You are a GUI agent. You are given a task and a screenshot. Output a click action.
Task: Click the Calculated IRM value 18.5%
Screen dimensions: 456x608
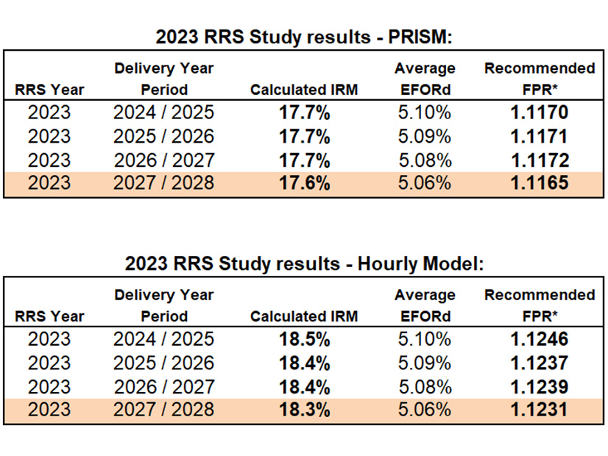tap(303, 339)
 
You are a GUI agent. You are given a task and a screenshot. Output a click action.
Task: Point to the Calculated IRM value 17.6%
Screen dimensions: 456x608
tap(303, 183)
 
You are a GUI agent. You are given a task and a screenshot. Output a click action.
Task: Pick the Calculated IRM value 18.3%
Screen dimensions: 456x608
tap(303, 410)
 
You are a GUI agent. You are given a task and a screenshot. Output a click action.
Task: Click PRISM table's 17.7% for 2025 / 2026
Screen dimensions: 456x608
tap(303, 136)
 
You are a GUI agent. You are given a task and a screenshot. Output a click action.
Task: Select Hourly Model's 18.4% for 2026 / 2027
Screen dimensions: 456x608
tap(303, 386)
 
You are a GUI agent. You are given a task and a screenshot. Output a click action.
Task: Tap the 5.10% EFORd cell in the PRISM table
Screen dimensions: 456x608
tap(425, 113)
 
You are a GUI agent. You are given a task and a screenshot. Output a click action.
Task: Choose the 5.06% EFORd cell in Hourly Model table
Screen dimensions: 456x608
tap(425, 410)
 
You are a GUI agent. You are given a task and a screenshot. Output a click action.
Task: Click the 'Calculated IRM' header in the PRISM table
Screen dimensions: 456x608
tap(303, 90)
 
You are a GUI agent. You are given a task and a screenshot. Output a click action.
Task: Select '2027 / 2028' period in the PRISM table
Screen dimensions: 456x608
tap(163, 183)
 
